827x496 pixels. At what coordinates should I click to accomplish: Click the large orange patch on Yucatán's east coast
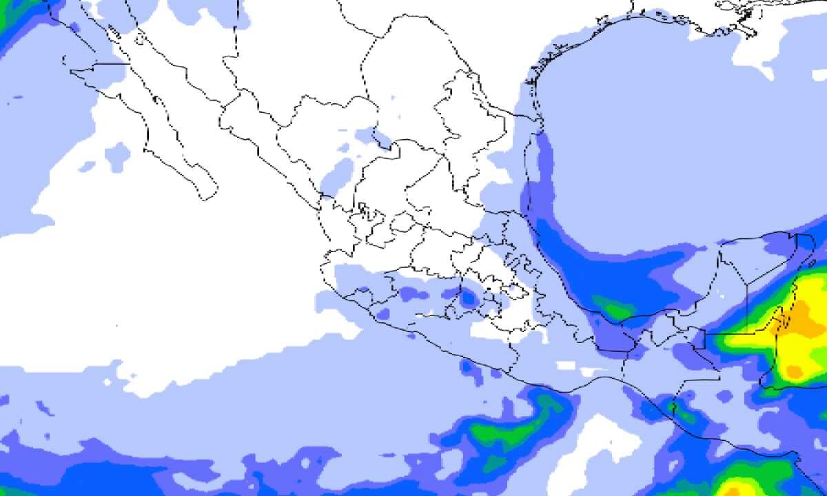coord(804,321)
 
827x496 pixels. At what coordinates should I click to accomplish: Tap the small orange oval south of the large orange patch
coord(795,372)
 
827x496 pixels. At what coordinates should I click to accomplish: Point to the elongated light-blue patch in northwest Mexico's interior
coord(338,174)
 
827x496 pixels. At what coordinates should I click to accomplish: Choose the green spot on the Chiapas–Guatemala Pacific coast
coord(682,413)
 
